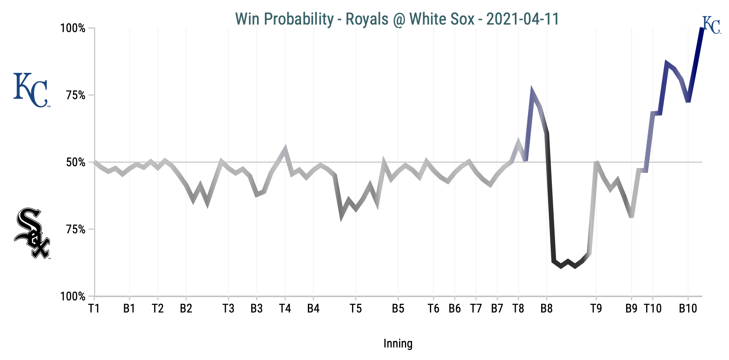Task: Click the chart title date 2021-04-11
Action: (x=522, y=19)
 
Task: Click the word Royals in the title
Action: (x=361, y=19)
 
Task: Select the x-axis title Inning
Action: (x=398, y=344)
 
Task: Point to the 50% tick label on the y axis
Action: (x=76, y=162)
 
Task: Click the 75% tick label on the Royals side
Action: (x=76, y=95)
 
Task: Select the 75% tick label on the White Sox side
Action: (x=76, y=230)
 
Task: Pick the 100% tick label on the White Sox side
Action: (x=73, y=297)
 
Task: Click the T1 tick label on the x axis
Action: (x=94, y=309)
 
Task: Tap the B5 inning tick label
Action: (x=398, y=309)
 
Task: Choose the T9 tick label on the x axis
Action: (x=596, y=309)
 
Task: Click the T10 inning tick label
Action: (x=652, y=309)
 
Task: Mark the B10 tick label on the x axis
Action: (x=688, y=309)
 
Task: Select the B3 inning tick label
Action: (x=257, y=309)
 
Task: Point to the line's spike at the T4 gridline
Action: (x=285, y=148)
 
